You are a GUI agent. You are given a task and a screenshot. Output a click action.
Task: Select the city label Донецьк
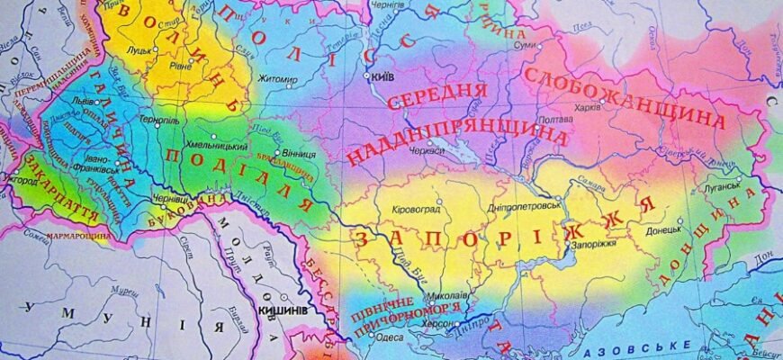665,230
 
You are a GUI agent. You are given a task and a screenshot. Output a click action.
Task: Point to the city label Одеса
391,337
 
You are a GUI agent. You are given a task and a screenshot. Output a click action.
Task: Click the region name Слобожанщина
624,96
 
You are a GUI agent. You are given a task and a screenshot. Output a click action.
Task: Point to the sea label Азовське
634,346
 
